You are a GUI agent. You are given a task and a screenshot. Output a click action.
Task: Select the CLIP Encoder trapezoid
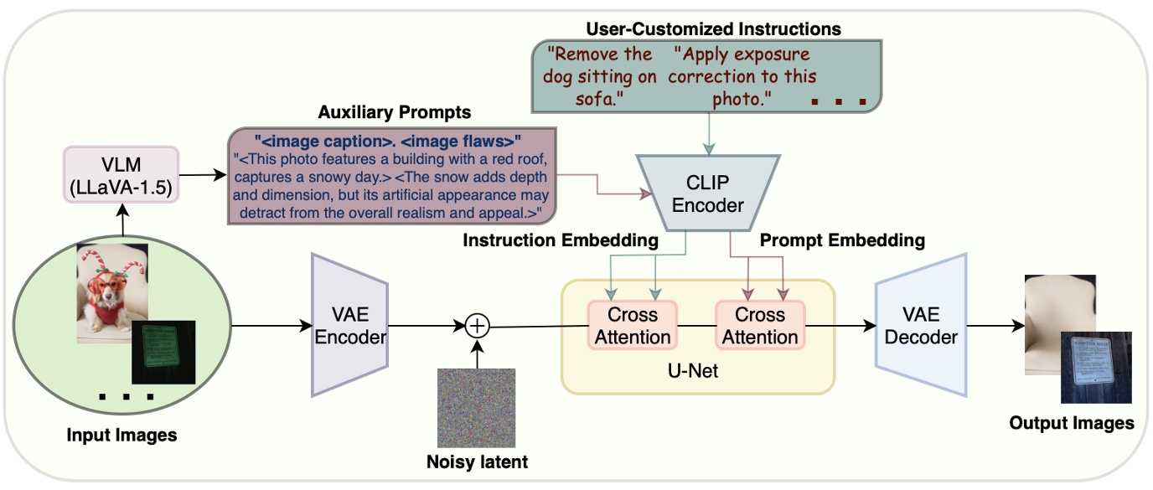point(710,191)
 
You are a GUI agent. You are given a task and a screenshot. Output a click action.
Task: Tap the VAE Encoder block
point(349,325)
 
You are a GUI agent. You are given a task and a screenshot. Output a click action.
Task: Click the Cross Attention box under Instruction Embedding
point(633,326)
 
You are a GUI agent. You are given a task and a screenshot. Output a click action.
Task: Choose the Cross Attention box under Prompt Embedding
point(760,326)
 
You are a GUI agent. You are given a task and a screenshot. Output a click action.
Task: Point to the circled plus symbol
point(476,325)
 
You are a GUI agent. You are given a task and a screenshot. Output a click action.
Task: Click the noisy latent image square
point(473,408)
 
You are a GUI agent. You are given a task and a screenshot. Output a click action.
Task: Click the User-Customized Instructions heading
point(712,29)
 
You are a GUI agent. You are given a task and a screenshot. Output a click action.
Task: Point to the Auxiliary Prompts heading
point(394,112)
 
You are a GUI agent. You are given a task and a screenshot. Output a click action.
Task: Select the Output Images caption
point(1071,422)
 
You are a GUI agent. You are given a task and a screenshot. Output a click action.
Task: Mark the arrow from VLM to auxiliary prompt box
point(202,176)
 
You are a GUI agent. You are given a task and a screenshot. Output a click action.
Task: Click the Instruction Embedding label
point(560,240)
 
